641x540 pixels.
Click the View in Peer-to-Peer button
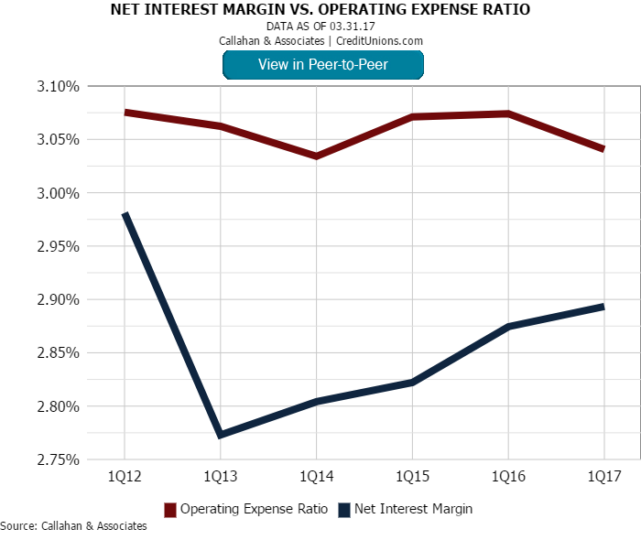coord(322,64)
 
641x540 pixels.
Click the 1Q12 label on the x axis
coord(125,478)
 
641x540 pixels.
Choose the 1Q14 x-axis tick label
coord(316,478)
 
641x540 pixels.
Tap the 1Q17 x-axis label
coord(603,478)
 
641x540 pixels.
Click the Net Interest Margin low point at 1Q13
coord(221,435)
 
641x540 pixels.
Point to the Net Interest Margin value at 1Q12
coord(125,214)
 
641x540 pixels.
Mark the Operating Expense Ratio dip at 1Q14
coord(316,157)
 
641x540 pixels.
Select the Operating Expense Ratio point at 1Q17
coord(603,148)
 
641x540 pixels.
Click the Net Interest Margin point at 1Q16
coord(508,326)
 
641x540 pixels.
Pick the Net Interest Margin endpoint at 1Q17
coord(603,307)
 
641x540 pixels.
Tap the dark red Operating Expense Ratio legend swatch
coord(169,509)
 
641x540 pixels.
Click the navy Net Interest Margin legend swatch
coord(343,509)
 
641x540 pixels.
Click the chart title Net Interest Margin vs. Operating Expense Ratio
coord(320,10)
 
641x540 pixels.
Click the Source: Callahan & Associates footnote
coord(73,526)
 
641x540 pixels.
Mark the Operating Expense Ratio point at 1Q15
coord(412,117)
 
